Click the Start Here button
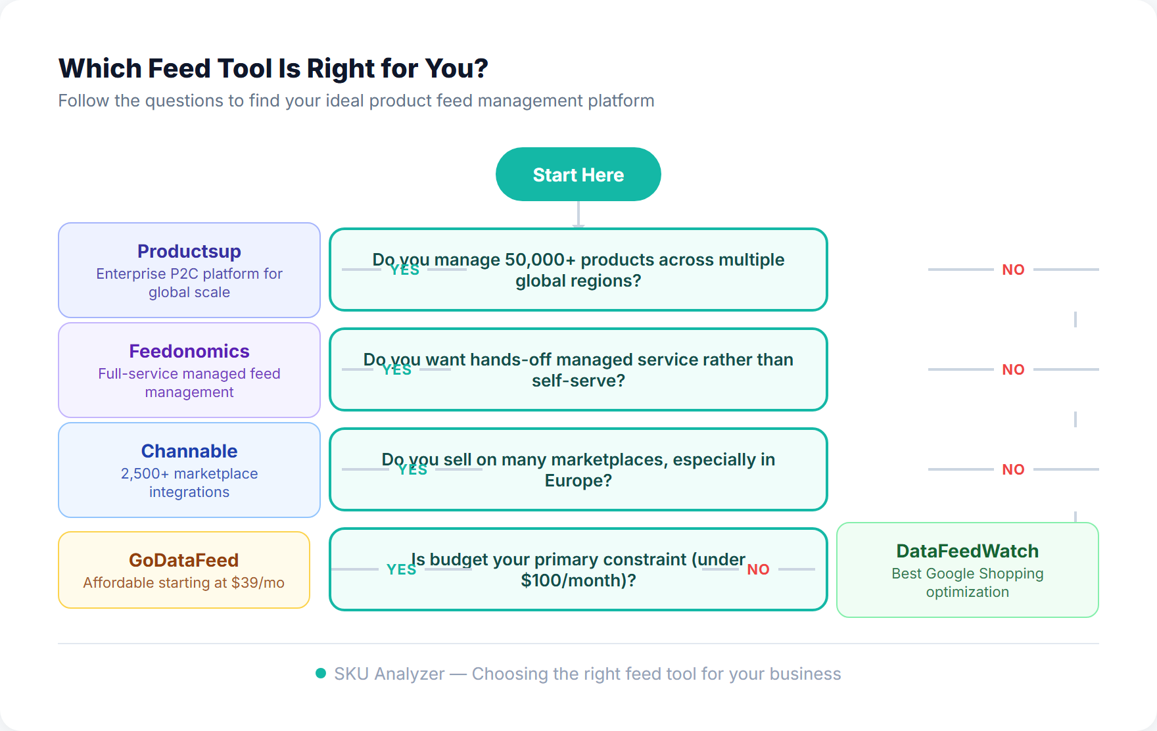click(x=578, y=174)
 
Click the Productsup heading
click(x=189, y=251)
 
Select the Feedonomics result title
click(x=189, y=351)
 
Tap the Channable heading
click(x=189, y=451)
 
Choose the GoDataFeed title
click(x=183, y=560)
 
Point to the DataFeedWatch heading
click(x=967, y=551)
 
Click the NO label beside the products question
click(x=1013, y=270)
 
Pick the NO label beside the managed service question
click(x=1013, y=369)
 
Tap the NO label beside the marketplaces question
click(x=1013, y=469)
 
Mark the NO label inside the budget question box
click(x=758, y=569)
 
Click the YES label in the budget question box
click(x=401, y=569)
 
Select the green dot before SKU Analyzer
click(x=321, y=673)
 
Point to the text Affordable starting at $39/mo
click(x=183, y=582)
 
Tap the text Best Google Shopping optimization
click(x=967, y=582)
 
